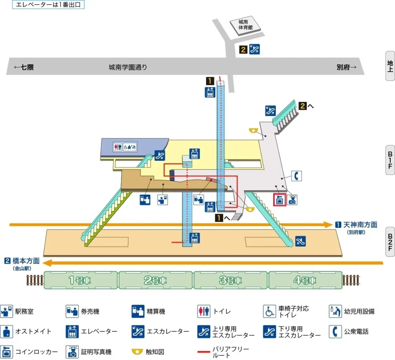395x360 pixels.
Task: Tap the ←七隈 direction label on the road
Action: (24, 67)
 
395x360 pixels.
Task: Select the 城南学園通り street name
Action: (128, 67)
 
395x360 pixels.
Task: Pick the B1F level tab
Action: (390, 160)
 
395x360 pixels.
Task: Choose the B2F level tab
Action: (390, 242)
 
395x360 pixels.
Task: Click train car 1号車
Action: (81, 280)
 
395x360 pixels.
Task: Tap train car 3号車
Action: (231, 280)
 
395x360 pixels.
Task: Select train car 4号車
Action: (306, 280)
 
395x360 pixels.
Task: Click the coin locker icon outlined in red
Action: (279, 200)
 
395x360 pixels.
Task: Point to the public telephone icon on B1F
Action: (296, 176)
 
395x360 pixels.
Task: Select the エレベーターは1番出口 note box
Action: (48, 5)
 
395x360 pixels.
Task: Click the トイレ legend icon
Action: (204, 311)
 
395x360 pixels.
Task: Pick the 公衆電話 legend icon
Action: (335, 331)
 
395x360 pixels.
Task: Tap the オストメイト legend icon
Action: (6, 331)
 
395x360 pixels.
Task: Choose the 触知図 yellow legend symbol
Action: (138, 352)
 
